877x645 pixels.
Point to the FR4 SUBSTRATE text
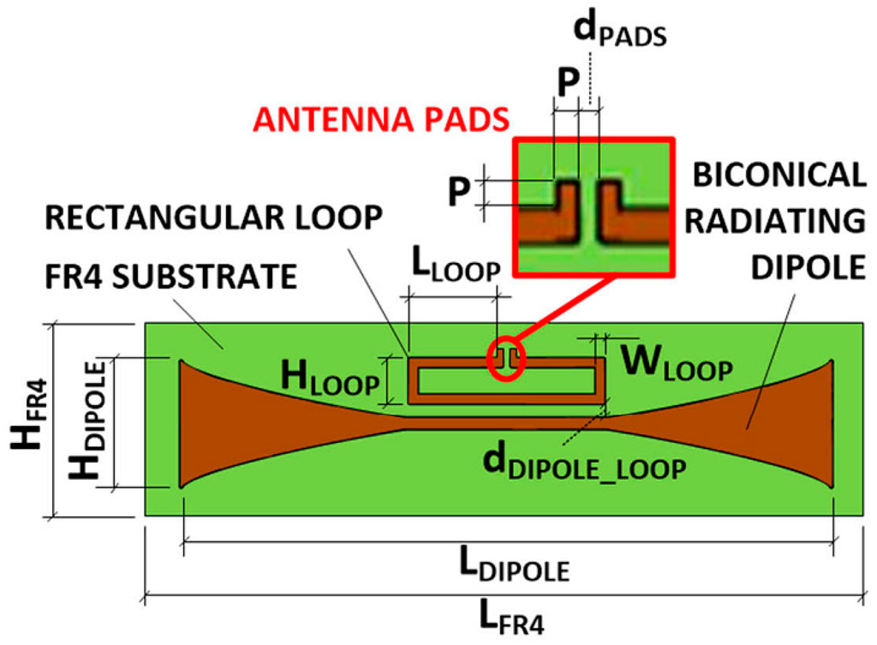tap(171, 276)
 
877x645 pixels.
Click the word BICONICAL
tap(779, 175)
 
